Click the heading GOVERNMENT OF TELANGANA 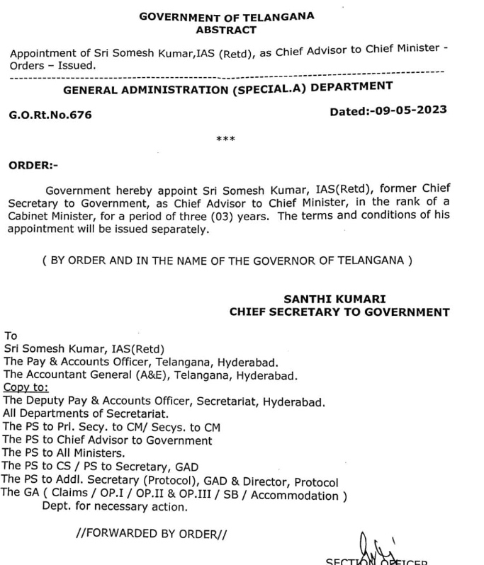click(227, 16)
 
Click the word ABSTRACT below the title click(227, 30)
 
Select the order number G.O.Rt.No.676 click(50, 115)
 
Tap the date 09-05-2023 click(409, 111)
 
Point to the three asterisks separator click(226, 139)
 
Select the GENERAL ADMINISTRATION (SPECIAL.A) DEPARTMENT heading click(228, 89)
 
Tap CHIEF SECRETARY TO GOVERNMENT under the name click(339, 312)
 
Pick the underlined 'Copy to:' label click(26, 388)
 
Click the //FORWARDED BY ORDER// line click(152, 533)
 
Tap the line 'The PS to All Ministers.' click(64, 452)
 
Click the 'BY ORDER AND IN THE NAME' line click(227, 260)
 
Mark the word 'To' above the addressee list click(11, 336)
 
